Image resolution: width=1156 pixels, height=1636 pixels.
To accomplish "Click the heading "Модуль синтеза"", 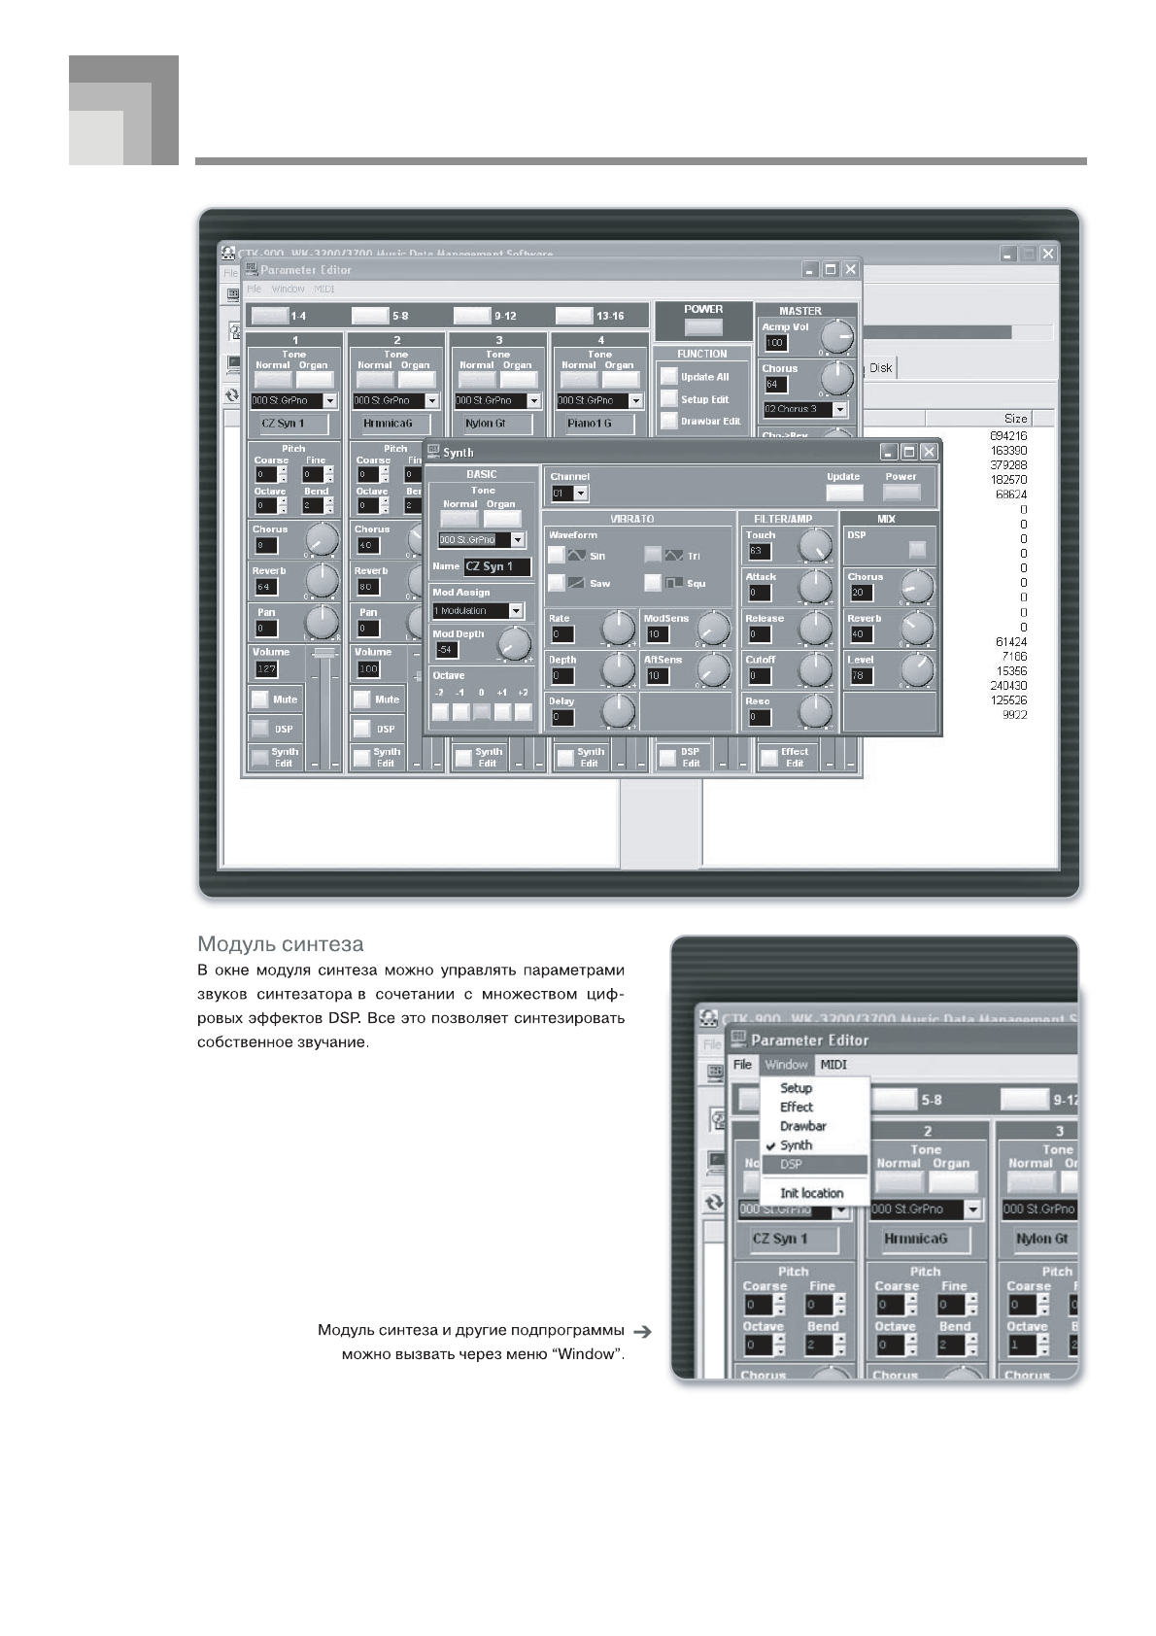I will [x=280, y=944].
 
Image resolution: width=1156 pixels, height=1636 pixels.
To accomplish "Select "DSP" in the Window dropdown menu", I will [x=792, y=1164].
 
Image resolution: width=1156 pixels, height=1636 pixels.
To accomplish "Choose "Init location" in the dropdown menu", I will [x=811, y=1193].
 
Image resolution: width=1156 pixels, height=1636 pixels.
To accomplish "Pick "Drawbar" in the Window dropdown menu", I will [x=802, y=1126].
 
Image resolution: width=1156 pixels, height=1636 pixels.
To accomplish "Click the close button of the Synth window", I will [x=929, y=452].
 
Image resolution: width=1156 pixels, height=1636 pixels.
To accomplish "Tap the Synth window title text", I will [x=459, y=453].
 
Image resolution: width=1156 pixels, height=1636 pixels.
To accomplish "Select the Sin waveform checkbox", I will [x=556, y=555].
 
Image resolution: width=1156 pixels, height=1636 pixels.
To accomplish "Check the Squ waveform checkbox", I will [x=653, y=583].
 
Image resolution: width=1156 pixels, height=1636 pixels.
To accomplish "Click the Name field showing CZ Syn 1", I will [x=496, y=566].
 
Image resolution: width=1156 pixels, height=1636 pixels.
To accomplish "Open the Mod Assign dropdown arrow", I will [x=516, y=611].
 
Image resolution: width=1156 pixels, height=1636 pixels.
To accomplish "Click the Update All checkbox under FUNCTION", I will [x=668, y=376].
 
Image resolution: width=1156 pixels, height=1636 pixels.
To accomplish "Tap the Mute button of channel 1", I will [x=260, y=699].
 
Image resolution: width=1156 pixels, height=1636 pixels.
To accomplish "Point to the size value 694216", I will [x=1007, y=436].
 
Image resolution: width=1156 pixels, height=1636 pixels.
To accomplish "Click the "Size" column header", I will [x=1015, y=419].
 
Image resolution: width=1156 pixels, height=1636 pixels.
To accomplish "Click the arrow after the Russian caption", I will [x=641, y=1330].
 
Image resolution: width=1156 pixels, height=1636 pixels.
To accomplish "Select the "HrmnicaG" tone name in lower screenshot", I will [x=915, y=1239].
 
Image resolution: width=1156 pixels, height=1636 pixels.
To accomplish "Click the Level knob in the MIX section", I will [x=916, y=669].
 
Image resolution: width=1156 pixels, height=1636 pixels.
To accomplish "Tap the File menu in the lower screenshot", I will [x=742, y=1065].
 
